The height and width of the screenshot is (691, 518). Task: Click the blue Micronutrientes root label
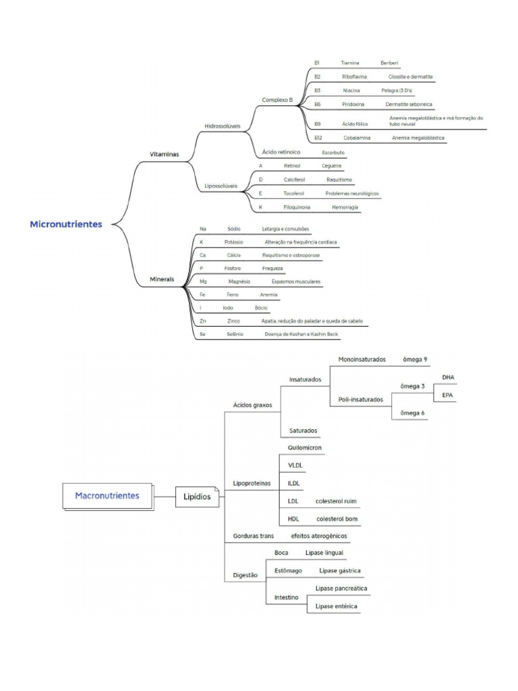point(66,224)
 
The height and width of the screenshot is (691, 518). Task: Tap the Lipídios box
point(197,497)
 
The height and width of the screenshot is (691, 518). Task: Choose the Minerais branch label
point(161,279)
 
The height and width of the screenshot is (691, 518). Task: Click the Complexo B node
point(277,100)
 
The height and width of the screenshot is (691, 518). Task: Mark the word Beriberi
point(389,63)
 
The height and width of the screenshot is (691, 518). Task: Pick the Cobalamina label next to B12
point(355,138)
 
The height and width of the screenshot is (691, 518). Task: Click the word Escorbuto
point(333,153)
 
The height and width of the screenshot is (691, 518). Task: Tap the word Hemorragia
point(345,207)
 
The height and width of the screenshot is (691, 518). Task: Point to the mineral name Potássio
point(233,242)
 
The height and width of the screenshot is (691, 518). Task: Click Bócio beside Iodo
point(261,308)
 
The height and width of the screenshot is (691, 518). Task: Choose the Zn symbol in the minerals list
point(203,321)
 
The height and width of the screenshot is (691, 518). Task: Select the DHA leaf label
point(449,377)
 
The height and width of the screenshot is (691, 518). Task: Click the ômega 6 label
point(413,412)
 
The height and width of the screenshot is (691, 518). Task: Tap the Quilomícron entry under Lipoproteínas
point(304,447)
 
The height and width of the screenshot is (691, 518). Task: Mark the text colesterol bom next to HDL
point(337,519)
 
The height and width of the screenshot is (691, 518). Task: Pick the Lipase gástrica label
point(340,571)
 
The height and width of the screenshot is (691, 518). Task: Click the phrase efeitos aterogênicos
point(320,536)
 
